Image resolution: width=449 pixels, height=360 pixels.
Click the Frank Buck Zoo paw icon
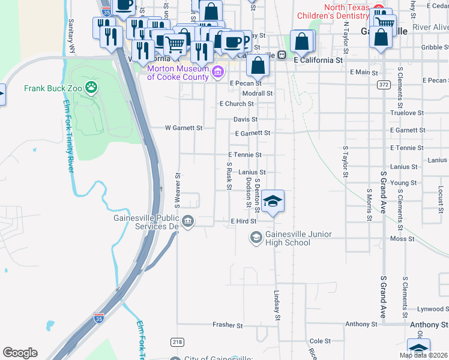91,89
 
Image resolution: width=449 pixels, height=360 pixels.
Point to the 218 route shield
177,341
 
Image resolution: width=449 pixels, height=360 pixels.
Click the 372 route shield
383,86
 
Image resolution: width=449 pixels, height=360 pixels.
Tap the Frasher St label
228,325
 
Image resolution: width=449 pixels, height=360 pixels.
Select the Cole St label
320,340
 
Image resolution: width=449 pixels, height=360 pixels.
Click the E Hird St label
244,221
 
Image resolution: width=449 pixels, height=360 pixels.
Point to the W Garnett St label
184,128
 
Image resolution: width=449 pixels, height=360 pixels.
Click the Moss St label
398,238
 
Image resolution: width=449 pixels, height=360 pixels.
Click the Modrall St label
257,94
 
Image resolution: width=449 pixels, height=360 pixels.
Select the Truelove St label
407,113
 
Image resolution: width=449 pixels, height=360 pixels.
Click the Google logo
20,353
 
